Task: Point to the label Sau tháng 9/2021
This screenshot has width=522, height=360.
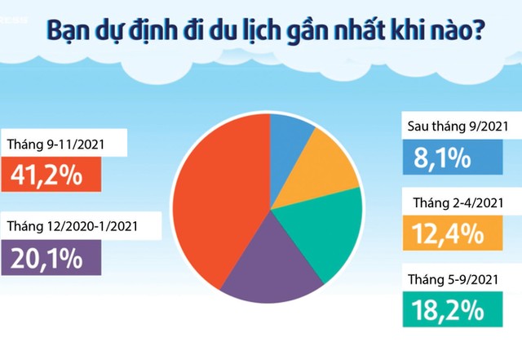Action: (458, 127)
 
